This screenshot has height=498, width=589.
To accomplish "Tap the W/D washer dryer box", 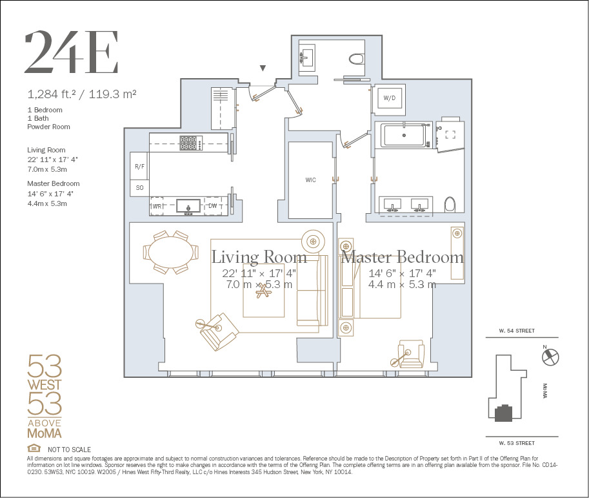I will pos(390,99).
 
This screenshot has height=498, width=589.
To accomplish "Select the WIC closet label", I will pos(311,180).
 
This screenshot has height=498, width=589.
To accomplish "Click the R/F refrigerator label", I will pos(139,166).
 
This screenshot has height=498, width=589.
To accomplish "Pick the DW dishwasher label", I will pos(213,206).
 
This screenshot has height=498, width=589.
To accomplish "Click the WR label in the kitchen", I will pos(157,206).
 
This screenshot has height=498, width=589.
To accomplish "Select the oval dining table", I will pos(171,251).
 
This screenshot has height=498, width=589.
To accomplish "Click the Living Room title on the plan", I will pos(259,257).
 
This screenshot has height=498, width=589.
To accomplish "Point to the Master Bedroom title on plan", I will pos(403,257).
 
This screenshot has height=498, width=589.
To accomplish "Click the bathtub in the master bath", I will pos(404,136).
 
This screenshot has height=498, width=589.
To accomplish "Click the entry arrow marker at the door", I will pos(263,68).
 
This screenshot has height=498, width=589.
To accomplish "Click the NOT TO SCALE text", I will pos(69,450).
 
